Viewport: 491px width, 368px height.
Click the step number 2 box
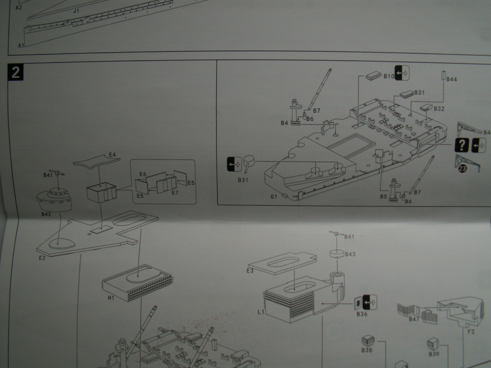[15, 72]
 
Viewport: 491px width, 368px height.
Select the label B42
[46, 214]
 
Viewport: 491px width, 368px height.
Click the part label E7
[175, 193]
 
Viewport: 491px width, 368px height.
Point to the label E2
[42, 258]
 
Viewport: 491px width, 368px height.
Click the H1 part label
[111, 297]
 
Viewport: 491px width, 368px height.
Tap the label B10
[389, 76]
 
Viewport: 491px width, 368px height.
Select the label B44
[451, 79]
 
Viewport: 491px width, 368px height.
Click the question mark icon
[462, 144]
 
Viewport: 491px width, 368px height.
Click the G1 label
[274, 197]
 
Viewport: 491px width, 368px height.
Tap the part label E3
[250, 271]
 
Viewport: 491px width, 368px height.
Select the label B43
[350, 254]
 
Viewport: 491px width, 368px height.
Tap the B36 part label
[362, 314]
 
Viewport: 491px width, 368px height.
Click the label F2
[471, 332]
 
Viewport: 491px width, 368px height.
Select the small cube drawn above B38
[367, 340]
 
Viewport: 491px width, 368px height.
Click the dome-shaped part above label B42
[54, 199]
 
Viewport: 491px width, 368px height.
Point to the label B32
[439, 109]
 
